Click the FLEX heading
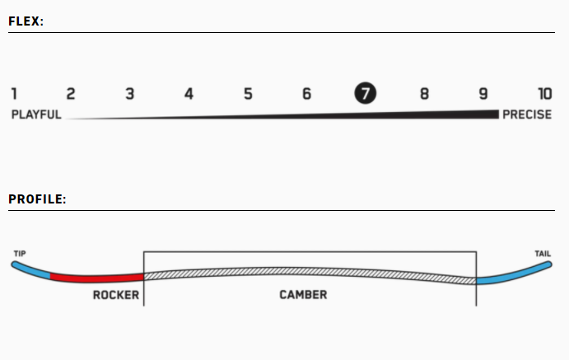pos(26,21)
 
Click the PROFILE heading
pos(37,199)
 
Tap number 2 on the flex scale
pos(71,94)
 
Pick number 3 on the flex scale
pos(130,94)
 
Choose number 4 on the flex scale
pos(189,94)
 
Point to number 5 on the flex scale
pos(248,94)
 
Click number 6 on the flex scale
pos(306,94)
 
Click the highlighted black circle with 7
pos(365,94)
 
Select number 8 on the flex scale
pos(424,94)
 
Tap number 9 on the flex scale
pos(483,94)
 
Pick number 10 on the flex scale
pos(544,94)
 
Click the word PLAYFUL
pos(36,115)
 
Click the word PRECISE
pos(527,115)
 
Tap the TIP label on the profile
pos(20,253)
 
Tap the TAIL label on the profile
pos(542,253)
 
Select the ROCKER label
pos(116,295)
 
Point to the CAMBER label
pos(303,295)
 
